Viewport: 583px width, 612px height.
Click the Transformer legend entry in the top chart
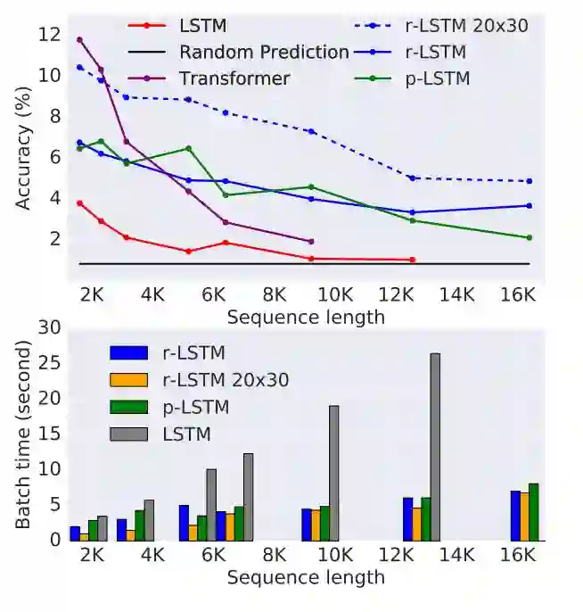[234, 79]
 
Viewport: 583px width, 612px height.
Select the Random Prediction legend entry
[263, 52]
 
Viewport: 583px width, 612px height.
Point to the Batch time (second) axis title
[24, 434]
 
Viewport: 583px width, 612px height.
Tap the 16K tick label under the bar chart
[518, 556]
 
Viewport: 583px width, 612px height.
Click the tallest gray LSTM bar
[435, 446]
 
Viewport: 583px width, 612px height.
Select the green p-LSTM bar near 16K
[534, 512]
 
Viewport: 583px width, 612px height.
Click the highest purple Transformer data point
[80, 40]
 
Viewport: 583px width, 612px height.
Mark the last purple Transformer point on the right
[310, 241]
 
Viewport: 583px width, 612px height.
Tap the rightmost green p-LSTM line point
[530, 237]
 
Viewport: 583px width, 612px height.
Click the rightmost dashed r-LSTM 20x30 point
[530, 181]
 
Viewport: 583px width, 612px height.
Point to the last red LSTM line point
[413, 260]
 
